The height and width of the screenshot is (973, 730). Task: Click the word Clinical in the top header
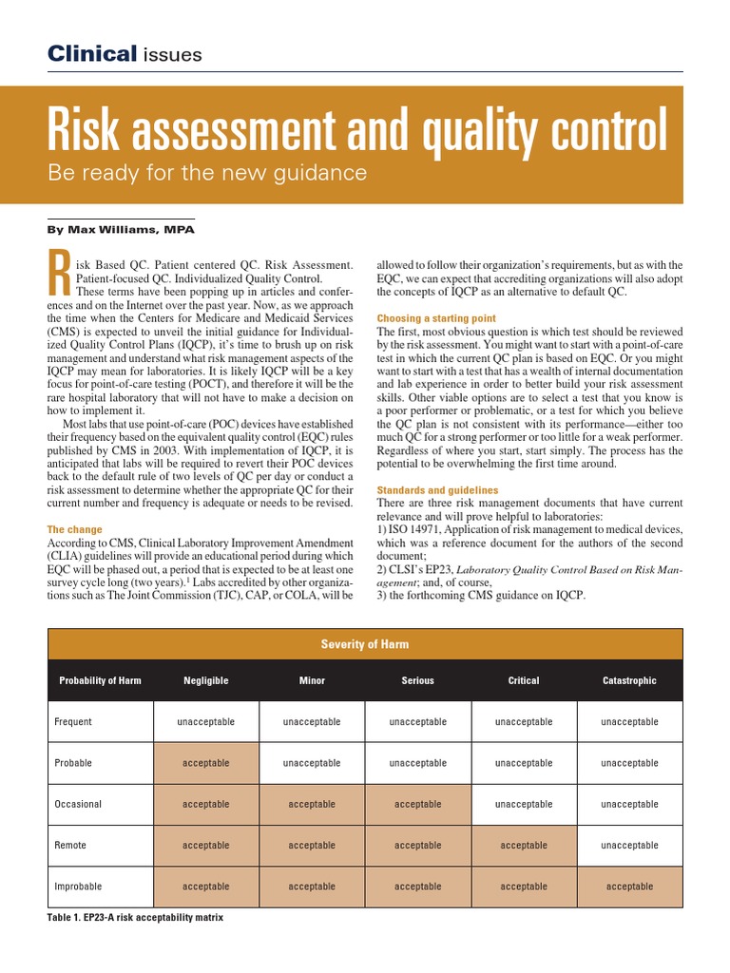click(92, 54)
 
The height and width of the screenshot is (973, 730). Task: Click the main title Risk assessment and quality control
click(357, 131)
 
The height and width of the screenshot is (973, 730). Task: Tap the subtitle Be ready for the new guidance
click(207, 173)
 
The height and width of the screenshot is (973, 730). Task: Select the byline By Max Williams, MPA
click(121, 229)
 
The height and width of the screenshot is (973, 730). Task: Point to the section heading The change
click(75, 529)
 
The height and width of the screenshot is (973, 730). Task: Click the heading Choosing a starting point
click(436, 318)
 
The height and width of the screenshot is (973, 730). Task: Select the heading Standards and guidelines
click(437, 490)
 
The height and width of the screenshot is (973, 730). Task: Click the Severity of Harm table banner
click(365, 644)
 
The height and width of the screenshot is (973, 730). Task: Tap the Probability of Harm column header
click(100, 680)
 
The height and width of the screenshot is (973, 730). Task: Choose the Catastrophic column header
click(629, 680)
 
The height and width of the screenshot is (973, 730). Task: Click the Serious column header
click(417, 680)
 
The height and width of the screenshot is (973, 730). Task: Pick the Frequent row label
click(74, 722)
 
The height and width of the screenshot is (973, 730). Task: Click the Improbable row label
click(79, 887)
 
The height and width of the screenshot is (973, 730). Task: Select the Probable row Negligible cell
click(205, 763)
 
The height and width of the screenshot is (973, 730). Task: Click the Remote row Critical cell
click(524, 845)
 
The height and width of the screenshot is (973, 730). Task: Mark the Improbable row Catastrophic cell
click(629, 887)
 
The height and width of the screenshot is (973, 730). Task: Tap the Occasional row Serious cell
click(417, 804)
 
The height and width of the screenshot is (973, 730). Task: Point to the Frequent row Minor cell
click(312, 722)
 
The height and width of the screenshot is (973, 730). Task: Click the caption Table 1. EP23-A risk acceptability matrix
click(135, 919)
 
